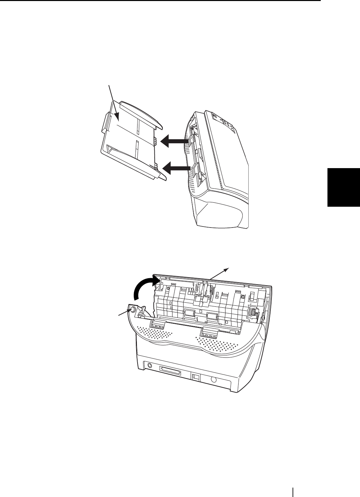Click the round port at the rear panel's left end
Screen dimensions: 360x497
149,365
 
